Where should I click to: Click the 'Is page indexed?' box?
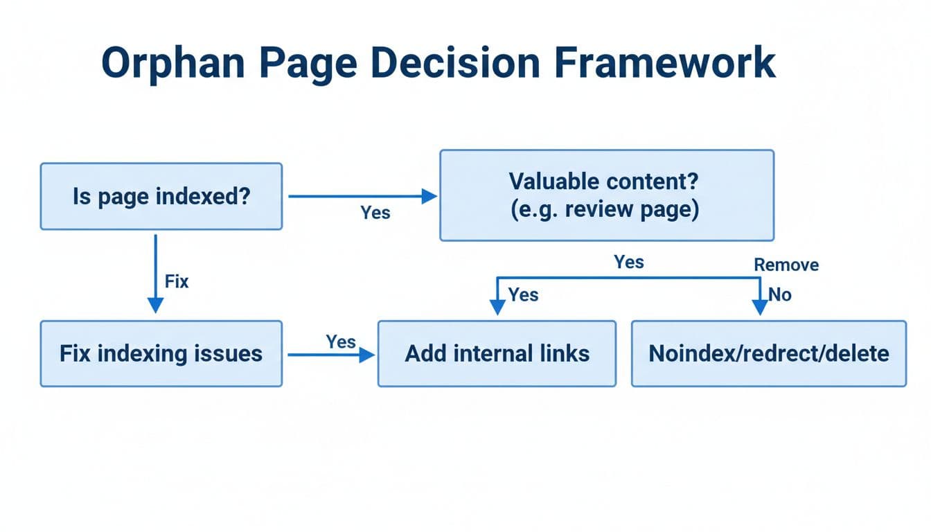(161, 197)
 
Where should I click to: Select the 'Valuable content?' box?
(607, 195)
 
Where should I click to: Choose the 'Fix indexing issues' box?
(161, 353)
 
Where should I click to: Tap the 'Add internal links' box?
(497, 353)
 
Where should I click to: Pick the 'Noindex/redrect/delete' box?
(768, 353)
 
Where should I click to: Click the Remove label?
(786, 265)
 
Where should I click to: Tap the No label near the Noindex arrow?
(780, 294)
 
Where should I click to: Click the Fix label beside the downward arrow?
(177, 282)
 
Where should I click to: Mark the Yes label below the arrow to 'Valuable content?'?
(375, 213)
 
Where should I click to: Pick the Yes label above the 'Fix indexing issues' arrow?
(341, 342)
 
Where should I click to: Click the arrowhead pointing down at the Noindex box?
(760, 308)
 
